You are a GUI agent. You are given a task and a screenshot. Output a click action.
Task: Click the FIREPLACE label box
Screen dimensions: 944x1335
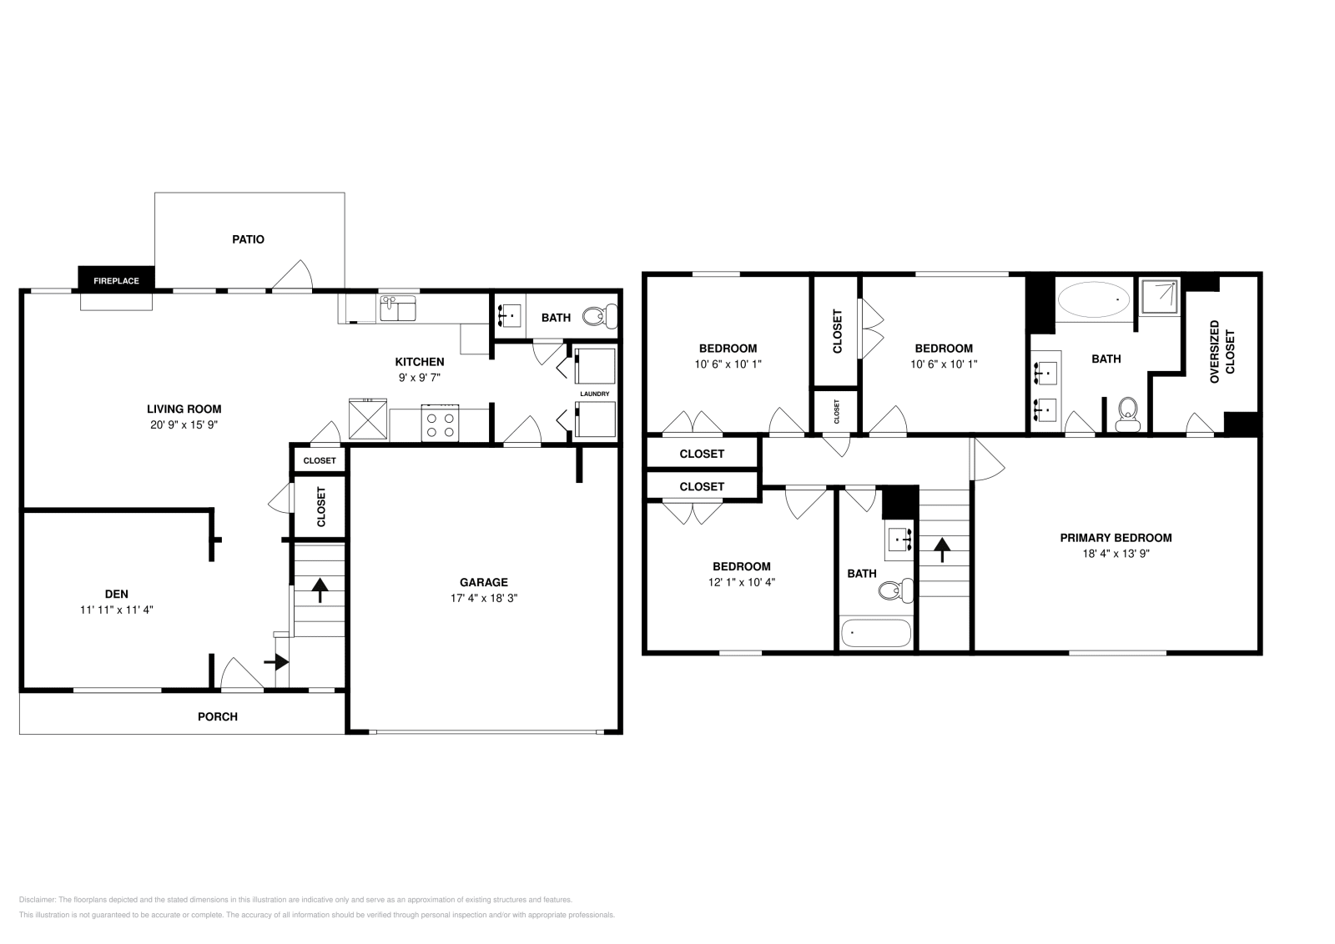pos(116,280)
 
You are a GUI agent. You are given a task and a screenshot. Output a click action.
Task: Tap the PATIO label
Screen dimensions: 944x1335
pos(248,239)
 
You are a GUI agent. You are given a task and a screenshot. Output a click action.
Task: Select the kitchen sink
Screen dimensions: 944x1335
pos(398,309)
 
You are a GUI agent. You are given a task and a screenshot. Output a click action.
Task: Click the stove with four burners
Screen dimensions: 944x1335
pos(440,422)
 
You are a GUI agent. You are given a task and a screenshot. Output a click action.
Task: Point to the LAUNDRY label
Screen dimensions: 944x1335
pos(595,394)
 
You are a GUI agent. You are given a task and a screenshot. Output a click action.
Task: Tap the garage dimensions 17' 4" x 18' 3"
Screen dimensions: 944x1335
pos(483,598)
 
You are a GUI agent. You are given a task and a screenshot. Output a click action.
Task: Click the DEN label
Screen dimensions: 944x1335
pos(116,594)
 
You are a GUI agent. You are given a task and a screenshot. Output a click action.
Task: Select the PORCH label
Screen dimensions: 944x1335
pos(217,716)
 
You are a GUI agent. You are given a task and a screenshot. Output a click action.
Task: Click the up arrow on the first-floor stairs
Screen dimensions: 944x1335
pos(320,590)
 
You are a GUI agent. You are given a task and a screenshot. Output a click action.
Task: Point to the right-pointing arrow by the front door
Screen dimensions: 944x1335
pos(277,662)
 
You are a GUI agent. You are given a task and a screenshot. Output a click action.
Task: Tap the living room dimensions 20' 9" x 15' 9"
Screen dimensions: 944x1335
pos(184,424)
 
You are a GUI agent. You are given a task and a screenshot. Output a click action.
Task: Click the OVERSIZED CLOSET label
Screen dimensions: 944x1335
pos(1221,352)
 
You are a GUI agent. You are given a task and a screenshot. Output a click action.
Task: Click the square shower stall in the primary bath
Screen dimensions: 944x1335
pos(1161,297)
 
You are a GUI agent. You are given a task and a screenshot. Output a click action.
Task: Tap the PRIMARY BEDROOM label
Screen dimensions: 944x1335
pos(1116,538)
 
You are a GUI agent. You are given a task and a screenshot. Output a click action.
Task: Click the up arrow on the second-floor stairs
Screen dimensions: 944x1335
pos(942,549)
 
